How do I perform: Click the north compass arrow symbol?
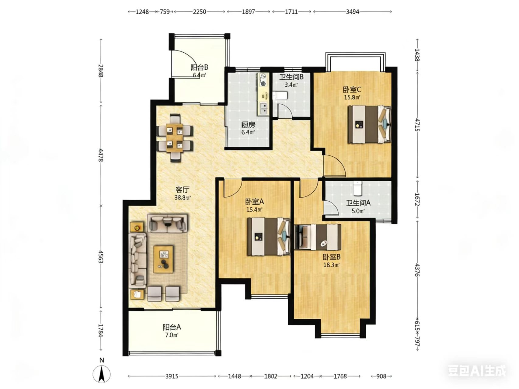(102, 374)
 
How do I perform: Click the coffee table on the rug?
(164, 259)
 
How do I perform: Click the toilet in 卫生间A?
(357, 188)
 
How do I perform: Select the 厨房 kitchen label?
(248, 125)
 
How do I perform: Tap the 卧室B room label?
(332, 257)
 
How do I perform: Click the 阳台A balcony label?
(172, 327)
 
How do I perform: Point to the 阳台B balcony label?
(199, 67)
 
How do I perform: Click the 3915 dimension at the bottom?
(172, 376)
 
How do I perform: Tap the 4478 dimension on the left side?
(101, 155)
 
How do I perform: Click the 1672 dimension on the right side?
(417, 199)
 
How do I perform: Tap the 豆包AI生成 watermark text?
(477, 371)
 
